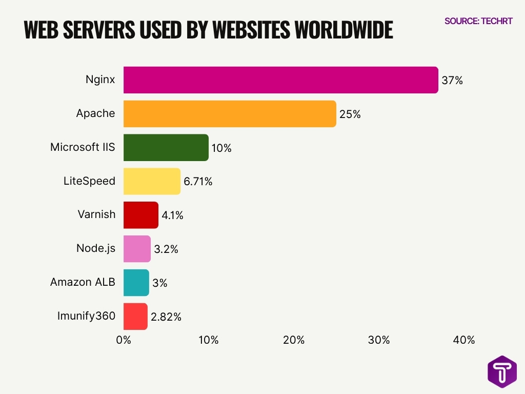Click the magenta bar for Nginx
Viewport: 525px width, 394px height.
pyautogui.click(x=280, y=80)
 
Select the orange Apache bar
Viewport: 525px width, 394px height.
pyautogui.click(x=230, y=114)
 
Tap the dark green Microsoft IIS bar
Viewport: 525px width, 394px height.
pyautogui.click(x=166, y=148)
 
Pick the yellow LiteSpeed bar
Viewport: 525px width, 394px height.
pyautogui.click(x=152, y=181)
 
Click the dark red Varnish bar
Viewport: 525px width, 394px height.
pyautogui.click(x=140, y=215)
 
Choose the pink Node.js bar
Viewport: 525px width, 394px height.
pyautogui.click(x=137, y=249)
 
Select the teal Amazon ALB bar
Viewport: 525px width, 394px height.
pyautogui.click(x=136, y=283)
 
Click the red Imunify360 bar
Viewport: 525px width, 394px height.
pyautogui.click(x=135, y=317)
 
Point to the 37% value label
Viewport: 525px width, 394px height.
pyautogui.click(x=452, y=81)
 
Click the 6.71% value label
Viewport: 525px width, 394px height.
pyautogui.click(x=198, y=182)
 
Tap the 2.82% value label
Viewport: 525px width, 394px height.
pyautogui.click(x=166, y=317)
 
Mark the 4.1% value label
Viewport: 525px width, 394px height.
pyautogui.click(x=172, y=215)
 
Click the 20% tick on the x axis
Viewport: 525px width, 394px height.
pyautogui.click(x=294, y=340)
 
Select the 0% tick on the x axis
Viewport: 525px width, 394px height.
pyautogui.click(x=124, y=340)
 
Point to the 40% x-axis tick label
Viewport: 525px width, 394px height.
pyautogui.click(x=464, y=340)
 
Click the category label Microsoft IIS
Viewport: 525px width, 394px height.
pyautogui.click(x=83, y=147)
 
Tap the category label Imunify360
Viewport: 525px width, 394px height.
pyautogui.click(x=86, y=316)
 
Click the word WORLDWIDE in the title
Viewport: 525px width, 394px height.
pyautogui.click(x=343, y=31)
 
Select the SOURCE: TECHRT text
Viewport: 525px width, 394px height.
pyautogui.click(x=478, y=21)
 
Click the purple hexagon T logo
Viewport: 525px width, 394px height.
pyautogui.click(x=502, y=372)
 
